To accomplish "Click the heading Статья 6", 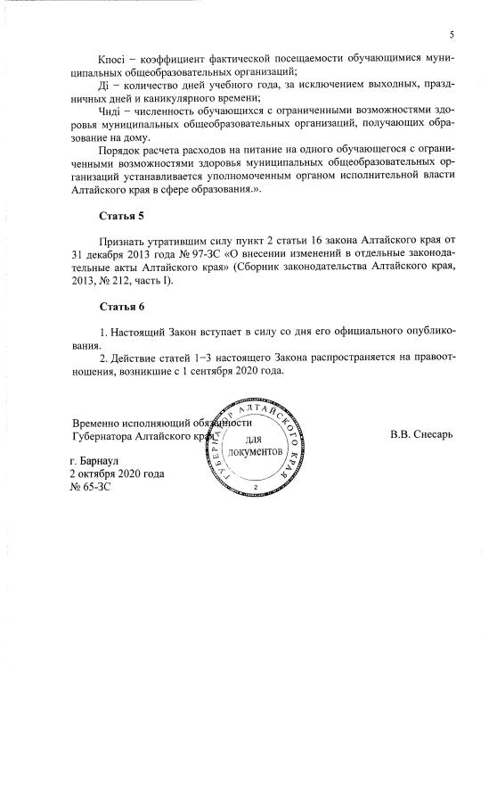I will click(x=120, y=308).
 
